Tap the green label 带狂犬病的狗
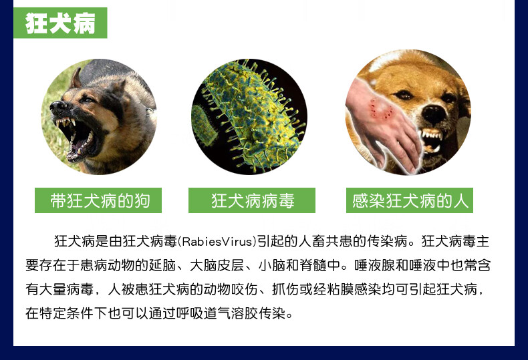click(99, 200)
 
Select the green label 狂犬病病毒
click(251, 200)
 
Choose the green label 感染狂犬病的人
click(410, 200)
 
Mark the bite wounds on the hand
click(382, 108)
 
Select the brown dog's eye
click(403, 95)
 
